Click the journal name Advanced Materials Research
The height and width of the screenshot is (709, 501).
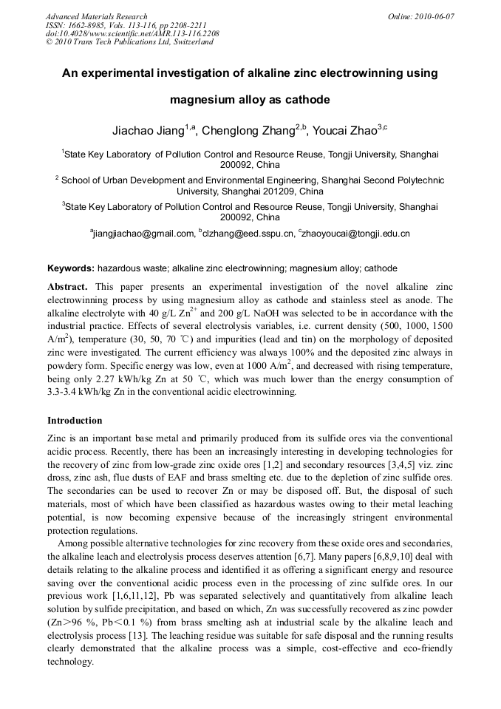coord(97,16)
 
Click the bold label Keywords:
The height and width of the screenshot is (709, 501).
coord(71,268)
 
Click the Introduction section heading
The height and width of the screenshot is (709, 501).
coord(75,421)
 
